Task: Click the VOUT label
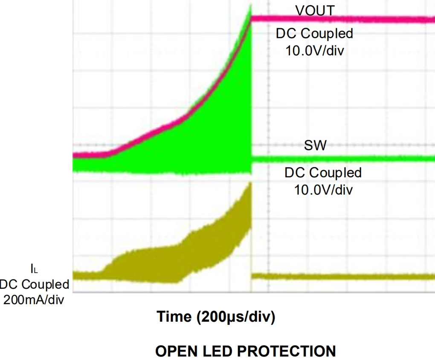click(x=315, y=10)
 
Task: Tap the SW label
click(x=315, y=146)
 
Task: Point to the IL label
click(x=34, y=268)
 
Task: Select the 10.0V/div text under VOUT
click(x=315, y=50)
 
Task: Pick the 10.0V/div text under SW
click(x=323, y=189)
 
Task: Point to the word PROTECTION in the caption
click(x=286, y=351)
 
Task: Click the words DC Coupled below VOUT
click(x=315, y=33)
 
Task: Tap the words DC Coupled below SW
click(x=323, y=173)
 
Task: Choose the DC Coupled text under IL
click(x=34, y=284)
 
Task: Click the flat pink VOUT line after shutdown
click(x=341, y=19)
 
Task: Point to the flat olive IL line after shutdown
click(x=341, y=276)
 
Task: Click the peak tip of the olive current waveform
click(x=250, y=184)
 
